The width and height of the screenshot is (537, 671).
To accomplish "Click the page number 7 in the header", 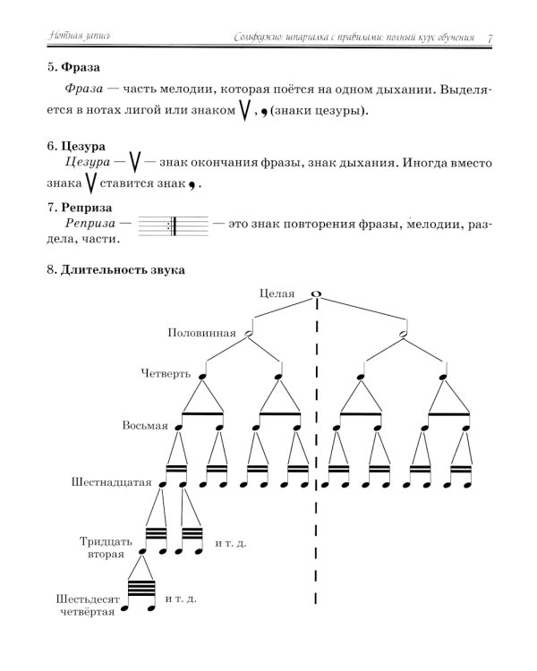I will click(x=491, y=38).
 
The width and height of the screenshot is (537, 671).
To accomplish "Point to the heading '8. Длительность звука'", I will click(x=115, y=271).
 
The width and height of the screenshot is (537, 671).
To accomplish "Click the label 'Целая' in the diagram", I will click(x=277, y=293).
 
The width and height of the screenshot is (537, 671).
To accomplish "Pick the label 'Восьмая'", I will click(x=145, y=425).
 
